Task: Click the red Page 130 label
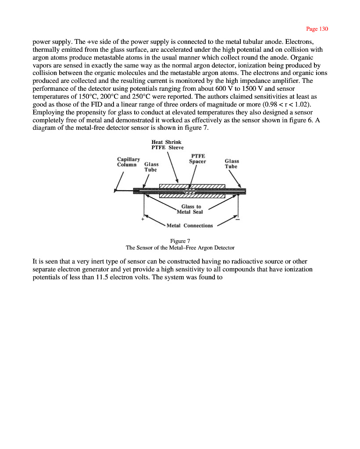317,29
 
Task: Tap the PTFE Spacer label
197,159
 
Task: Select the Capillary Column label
128,162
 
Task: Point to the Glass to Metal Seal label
190,210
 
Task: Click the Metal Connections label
190,226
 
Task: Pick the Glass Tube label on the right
232,164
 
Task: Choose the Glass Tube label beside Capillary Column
151,167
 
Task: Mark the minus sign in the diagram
237,219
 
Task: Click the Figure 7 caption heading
180,241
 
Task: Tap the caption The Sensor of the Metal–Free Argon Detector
180,247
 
